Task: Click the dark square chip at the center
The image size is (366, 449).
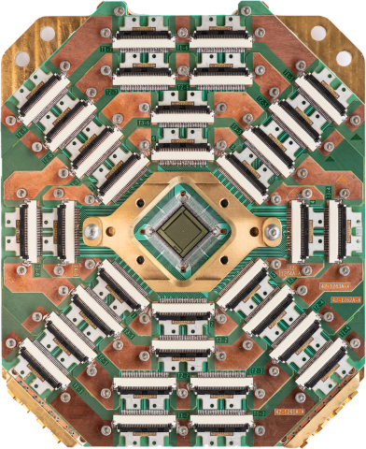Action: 182,227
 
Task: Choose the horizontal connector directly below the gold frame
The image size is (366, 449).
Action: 182,306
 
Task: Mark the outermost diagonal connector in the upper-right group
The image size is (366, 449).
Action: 324,98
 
